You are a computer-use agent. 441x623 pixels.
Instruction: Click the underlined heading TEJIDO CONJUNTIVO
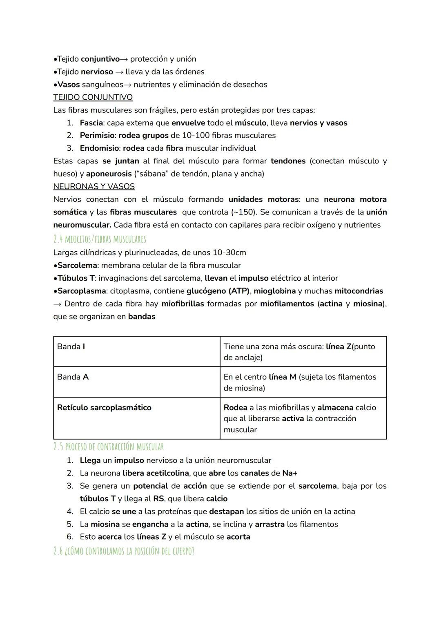[x=93, y=97]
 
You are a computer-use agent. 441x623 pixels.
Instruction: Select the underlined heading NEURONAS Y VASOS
[x=94, y=186]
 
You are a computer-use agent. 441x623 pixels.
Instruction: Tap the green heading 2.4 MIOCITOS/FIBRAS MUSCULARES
[x=99, y=239]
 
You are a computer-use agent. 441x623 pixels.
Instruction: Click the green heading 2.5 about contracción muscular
[x=108, y=447]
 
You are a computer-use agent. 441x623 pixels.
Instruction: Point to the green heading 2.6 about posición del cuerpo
[x=124, y=551]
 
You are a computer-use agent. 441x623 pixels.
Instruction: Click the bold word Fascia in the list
[x=91, y=123]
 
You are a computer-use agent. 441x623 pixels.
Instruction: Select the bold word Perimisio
[x=97, y=135]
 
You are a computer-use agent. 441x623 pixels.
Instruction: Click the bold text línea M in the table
[x=282, y=377]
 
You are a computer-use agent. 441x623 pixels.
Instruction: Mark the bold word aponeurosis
[x=109, y=174]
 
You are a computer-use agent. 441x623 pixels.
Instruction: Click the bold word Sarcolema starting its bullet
[x=77, y=265]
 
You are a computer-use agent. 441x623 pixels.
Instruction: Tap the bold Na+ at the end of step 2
[x=290, y=473]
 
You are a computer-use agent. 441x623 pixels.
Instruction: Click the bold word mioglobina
[x=276, y=291]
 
